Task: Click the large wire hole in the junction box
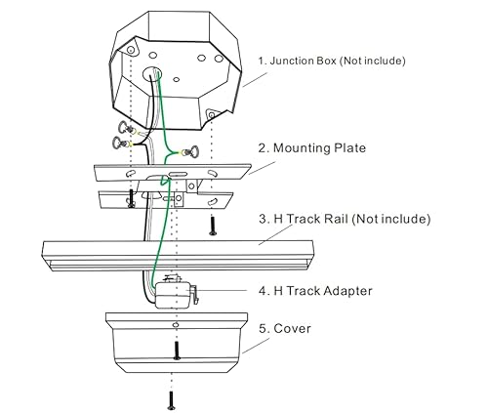click(x=152, y=74)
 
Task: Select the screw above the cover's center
click(x=176, y=349)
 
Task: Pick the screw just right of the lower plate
click(x=212, y=226)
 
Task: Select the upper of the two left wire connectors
click(x=124, y=129)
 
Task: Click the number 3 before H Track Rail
click(x=262, y=218)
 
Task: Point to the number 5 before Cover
click(x=262, y=328)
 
